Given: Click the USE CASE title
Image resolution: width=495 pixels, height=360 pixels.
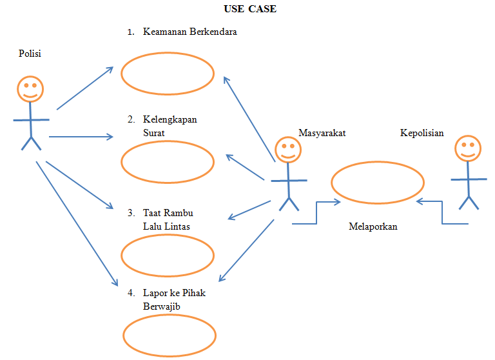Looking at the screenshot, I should tap(249, 9).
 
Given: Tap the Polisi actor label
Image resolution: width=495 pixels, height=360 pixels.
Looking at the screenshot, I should tap(30, 54).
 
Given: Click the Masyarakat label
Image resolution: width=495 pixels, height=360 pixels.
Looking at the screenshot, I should tap(322, 133).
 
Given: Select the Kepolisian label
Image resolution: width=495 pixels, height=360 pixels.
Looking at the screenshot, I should tap(422, 133).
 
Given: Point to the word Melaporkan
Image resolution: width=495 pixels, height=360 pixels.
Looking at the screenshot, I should tap(373, 226).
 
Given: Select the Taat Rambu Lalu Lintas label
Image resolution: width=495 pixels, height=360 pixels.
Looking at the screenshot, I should tap(168, 219).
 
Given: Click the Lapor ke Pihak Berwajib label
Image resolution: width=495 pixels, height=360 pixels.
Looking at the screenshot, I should tap(173, 299).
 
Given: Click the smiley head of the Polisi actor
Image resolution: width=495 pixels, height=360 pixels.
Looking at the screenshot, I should tap(30, 88).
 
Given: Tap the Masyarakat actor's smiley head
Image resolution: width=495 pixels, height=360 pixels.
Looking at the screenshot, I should tap(288, 149).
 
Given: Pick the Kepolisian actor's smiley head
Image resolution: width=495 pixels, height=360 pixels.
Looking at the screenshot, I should tap(468, 148).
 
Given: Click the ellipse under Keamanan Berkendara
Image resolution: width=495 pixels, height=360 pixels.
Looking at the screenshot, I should tap(168, 74).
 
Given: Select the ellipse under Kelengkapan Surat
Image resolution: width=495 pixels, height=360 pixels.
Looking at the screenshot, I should tap(168, 162).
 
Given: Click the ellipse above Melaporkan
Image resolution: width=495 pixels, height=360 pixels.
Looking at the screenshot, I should tap(378, 183).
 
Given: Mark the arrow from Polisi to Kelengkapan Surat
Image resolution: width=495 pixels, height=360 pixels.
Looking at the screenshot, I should tap(81, 136).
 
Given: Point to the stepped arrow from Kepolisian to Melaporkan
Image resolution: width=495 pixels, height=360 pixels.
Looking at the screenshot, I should tap(442, 213).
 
